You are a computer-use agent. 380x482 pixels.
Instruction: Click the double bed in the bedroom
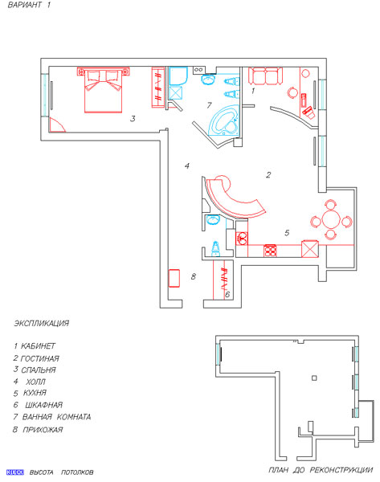click(104, 91)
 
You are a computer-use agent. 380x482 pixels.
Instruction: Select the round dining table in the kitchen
click(331, 219)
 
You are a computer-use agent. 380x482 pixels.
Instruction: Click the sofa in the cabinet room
click(265, 76)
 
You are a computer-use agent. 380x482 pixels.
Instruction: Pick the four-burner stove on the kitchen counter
click(270, 250)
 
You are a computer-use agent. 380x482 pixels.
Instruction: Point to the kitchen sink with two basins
click(243, 238)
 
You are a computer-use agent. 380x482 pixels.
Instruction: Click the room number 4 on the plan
click(187, 166)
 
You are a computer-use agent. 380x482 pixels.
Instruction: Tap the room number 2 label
click(268, 175)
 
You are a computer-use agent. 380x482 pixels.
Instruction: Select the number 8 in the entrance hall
click(193, 276)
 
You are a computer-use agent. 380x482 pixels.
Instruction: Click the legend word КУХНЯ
click(35, 393)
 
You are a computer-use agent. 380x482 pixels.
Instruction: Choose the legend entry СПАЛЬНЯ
click(38, 370)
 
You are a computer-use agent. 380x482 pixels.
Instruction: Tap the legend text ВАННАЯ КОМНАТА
click(56, 417)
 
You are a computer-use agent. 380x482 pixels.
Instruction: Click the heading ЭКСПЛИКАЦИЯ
click(42, 324)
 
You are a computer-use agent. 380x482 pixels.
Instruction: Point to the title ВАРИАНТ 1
click(29, 5)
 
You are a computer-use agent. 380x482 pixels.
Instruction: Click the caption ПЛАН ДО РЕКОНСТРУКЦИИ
click(321, 470)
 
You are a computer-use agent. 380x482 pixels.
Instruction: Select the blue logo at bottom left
click(15, 472)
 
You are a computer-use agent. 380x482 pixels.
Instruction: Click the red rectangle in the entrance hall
click(174, 278)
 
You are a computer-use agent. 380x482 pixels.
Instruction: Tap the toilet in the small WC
click(216, 249)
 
